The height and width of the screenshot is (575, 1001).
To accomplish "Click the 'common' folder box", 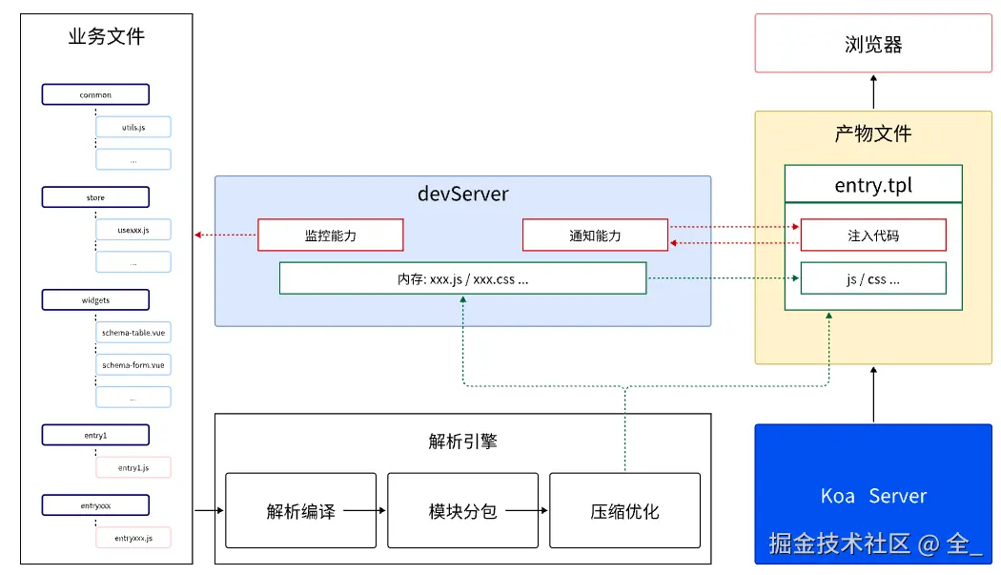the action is point(95,94).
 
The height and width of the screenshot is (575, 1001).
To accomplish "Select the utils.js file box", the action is point(133,127).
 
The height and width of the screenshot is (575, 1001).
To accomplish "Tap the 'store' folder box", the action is point(95,197).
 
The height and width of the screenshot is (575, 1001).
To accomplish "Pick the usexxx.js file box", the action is point(133,230).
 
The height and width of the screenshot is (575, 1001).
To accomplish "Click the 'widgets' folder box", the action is point(95,300).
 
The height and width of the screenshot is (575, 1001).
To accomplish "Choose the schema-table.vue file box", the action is point(133,332).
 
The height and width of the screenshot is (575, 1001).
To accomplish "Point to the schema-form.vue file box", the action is point(133,365).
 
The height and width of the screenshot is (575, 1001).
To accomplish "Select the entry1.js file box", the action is point(133,467).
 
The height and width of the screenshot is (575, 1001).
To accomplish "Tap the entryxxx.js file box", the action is point(133,538).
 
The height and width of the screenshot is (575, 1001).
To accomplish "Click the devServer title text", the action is point(462,194).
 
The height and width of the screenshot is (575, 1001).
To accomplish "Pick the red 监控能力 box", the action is point(331,236).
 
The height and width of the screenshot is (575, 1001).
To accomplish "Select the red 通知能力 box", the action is point(595,236).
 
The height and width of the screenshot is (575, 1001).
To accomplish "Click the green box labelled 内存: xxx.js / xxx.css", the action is point(462,278).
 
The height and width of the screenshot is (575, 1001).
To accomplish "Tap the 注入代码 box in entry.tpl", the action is point(873,236).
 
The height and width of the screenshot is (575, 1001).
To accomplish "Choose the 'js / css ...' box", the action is point(873,278).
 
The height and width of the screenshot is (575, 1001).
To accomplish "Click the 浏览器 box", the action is point(873,44).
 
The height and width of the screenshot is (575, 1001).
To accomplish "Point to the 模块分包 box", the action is point(462,510).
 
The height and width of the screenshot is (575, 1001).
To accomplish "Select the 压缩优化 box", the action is point(625,510).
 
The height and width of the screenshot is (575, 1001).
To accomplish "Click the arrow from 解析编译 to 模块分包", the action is point(364,510).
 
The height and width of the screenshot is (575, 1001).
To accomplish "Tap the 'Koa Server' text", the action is point(873,496).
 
